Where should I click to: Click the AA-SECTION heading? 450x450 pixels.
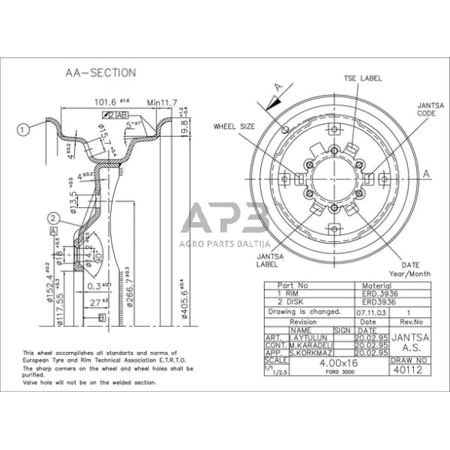100,73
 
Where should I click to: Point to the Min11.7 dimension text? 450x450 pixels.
161,101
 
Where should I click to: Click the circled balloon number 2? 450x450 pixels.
53,217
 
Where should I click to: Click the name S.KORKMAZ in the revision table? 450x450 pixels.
306,353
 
